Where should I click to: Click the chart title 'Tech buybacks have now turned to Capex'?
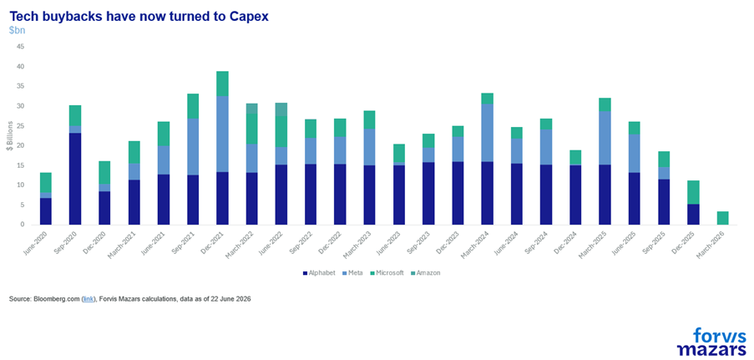coord(139,17)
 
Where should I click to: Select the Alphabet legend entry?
coord(319,273)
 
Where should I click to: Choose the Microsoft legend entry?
coord(387,273)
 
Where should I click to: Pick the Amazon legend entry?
coord(426,273)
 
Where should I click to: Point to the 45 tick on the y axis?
coord(21,47)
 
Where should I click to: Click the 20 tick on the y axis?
coord(21,146)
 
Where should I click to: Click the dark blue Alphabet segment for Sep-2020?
coord(75,179)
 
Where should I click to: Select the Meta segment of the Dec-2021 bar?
coord(222,134)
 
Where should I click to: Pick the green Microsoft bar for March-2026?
coord(722,218)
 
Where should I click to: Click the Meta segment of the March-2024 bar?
coord(487,133)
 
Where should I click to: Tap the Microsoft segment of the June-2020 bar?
coord(46,182)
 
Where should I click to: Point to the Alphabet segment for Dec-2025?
coord(693,214)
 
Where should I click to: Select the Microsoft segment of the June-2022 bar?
coord(281,131)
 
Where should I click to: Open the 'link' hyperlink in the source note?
coord(89,299)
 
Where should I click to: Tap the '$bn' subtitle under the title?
coord(18,30)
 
